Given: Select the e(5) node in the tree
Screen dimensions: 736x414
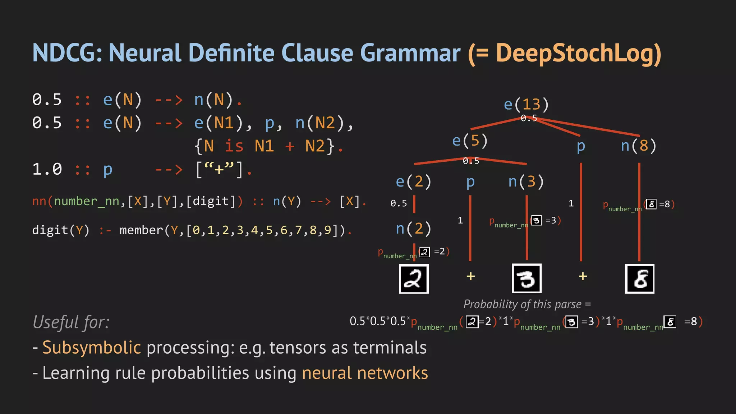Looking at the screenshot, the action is coord(470,141).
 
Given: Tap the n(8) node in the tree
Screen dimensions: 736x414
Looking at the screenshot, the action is coord(639,146).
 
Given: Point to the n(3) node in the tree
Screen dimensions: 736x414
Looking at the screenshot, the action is coord(526,182).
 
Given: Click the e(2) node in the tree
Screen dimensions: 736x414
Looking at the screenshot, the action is coord(413,182).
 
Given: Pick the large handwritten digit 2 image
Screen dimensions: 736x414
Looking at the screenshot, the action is coord(414,279).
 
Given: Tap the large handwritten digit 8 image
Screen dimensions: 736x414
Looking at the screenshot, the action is coord(639,279).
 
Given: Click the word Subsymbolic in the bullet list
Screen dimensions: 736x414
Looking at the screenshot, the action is coord(92,348).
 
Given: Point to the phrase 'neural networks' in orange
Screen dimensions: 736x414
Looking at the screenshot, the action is coord(365,373).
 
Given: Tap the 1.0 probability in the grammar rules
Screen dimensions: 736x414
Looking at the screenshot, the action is coord(47,169).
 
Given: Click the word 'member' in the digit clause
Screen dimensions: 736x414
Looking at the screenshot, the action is coord(141,230).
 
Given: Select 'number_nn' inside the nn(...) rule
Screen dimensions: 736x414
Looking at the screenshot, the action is coord(86,201).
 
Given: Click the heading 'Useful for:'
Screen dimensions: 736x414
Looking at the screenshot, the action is coord(71,322).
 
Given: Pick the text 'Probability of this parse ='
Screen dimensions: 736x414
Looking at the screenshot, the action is coord(527,304).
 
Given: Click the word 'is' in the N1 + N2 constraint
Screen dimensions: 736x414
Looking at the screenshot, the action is coord(234,146).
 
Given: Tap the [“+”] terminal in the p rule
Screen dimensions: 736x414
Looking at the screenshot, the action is coord(219,169).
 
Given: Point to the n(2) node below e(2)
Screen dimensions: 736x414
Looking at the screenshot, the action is coord(413,229).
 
